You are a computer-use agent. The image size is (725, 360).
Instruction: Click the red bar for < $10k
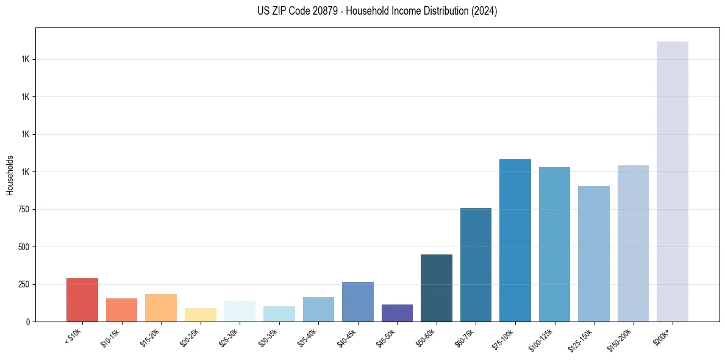coord(82,300)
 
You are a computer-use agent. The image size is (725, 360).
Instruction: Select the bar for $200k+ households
coord(672,181)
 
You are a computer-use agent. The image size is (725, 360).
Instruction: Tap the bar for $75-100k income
coord(515,240)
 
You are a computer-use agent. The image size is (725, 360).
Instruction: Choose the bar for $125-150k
coord(594,254)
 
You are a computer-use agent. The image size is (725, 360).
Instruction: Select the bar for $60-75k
coord(476,265)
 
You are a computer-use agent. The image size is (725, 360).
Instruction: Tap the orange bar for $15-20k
coord(161,308)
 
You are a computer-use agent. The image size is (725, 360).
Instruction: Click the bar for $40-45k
coord(358,301)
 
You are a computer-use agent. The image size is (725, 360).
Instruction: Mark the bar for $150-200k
coord(633,243)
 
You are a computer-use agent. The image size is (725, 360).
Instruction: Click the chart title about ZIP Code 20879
coord(362,11)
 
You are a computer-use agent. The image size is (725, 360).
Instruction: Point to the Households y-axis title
coord(10,175)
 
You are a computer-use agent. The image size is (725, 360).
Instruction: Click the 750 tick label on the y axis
coord(23,209)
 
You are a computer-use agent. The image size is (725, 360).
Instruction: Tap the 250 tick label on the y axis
coord(23,284)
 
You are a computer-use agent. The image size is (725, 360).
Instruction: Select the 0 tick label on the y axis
coord(27,322)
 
